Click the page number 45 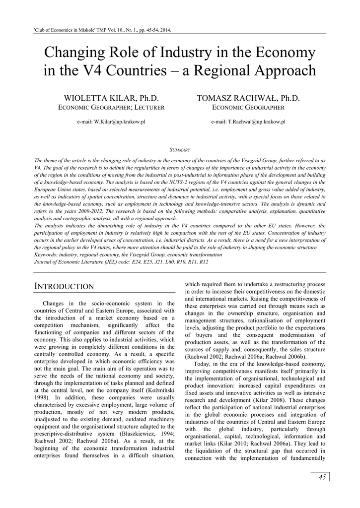click(322, 477)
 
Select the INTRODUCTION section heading click(64, 286)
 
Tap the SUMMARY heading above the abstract click(179, 149)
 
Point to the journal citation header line click(102, 30)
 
